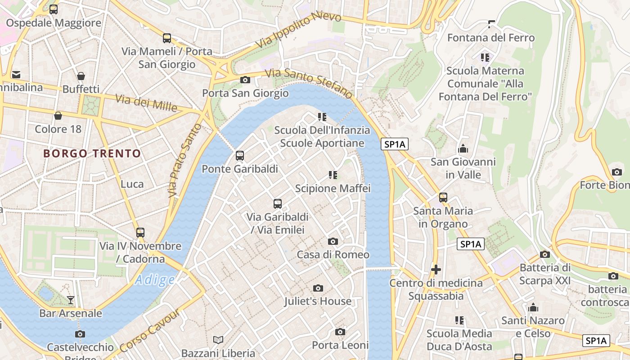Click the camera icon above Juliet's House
[318, 288]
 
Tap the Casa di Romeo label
[333, 255]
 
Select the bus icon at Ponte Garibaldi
[240, 156]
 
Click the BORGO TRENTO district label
[92, 153]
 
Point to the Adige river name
[155, 280]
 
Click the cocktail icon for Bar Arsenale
[71, 300]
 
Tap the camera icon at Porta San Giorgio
[245, 80]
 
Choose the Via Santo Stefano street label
[309, 84]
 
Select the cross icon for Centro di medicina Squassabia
[436, 270]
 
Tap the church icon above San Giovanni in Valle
[463, 148]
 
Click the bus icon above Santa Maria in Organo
[443, 197]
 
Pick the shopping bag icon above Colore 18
[58, 116]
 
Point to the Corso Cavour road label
[150, 331]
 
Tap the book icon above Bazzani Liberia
[218, 340]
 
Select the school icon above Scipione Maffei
[333, 175]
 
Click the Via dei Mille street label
[146, 103]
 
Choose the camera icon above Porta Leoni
[340, 332]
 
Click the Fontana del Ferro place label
[491, 38]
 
